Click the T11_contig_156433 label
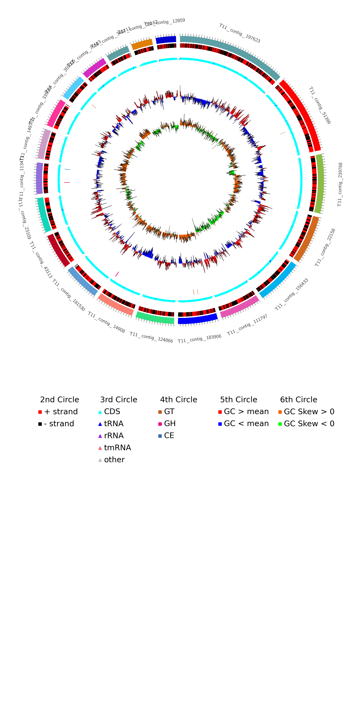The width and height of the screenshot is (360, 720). coord(292,294)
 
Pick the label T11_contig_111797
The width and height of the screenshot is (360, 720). coord(247,325)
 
